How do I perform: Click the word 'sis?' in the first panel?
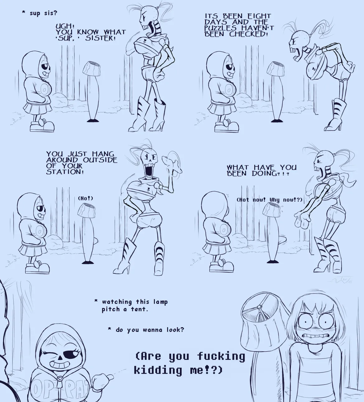tap(51, 13)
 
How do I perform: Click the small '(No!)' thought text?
tap(86, 199)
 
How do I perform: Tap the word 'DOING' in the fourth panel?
tap(264, 173)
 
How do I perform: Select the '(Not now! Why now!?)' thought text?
tap(269, 200)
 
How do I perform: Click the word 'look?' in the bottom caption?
tap(175, 330)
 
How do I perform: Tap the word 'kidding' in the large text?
tap(158, 370)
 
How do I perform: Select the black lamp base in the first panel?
tap(92, 120)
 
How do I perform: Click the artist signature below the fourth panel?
tap(340, 279)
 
